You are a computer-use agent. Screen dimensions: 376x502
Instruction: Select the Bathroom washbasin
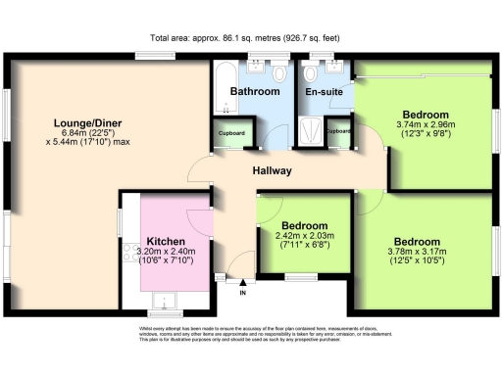257,70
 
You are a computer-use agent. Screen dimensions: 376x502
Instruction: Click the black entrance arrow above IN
243,281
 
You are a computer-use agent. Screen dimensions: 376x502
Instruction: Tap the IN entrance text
243,292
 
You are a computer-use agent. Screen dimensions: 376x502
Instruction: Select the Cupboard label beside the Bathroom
230,132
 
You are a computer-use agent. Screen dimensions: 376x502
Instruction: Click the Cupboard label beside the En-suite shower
339,131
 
